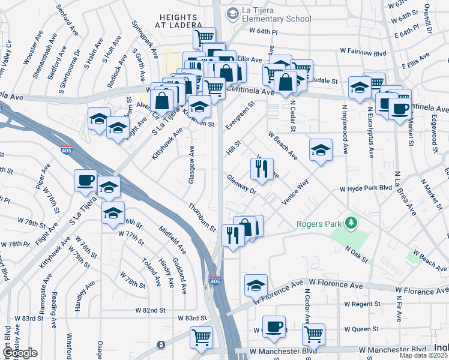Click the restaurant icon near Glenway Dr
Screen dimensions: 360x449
point(262,170)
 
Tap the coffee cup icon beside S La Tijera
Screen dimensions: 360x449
point(86,180)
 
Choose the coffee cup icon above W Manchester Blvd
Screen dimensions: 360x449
point(274,327)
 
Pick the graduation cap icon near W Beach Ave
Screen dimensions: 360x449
point(321,150)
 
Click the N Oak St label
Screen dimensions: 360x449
point(357,254)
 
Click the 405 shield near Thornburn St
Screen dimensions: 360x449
point(215,280)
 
